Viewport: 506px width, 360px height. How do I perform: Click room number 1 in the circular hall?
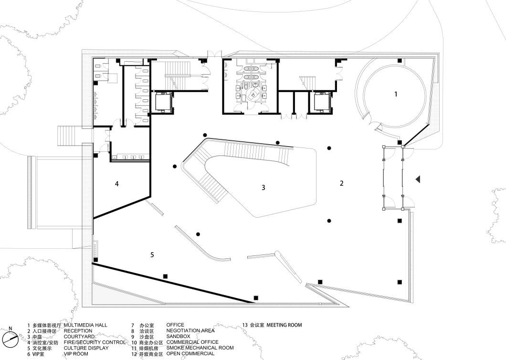[395, 94]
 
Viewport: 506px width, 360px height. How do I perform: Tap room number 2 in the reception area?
[341, 183]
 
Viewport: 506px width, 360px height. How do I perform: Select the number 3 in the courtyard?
[263, 188]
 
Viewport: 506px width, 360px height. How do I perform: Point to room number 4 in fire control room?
[116, 183]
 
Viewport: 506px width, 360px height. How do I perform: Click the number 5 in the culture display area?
[152, 255]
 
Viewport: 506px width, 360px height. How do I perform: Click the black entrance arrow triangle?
[417, 179]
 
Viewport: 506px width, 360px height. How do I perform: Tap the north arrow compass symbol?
[10, 337]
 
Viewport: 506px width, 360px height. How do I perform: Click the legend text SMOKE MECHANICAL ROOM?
[200, 348]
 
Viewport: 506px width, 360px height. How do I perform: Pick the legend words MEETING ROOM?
[284, 325]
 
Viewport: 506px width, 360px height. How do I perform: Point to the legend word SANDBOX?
[178, 337]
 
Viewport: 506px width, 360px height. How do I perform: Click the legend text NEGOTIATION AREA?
[190, 331]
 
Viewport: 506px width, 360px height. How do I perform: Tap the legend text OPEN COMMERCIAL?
[190, 354]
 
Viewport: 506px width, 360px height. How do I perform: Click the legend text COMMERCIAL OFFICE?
[192, 342]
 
